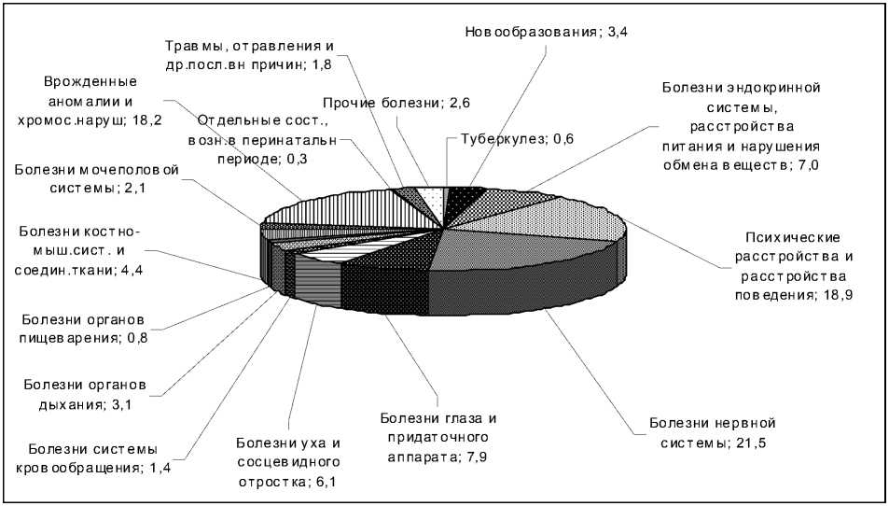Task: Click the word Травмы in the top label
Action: pos(192,46)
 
